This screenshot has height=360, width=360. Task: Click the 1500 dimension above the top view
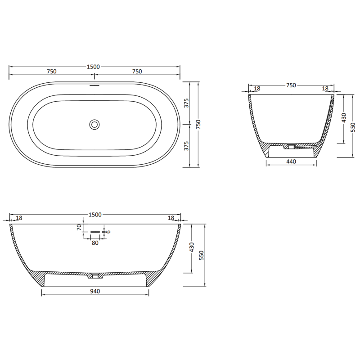pos(93,67)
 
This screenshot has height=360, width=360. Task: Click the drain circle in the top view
pos(94,124)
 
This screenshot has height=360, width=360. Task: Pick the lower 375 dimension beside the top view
pos(186,145)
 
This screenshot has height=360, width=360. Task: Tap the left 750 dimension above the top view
pos(51,72)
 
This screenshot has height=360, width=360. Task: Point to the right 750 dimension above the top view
pos(137,72)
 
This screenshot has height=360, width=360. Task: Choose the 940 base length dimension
pos(94,291)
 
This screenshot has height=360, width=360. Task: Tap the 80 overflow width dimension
pos(94,243)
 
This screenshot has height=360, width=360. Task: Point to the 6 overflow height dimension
pos(108,232)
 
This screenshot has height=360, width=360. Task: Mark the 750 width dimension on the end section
pos(291,85)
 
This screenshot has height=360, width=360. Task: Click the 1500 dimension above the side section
pos(94,215)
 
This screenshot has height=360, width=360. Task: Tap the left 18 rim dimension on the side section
pos(19,218)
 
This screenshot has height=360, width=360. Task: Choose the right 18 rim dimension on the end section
pos(325,89)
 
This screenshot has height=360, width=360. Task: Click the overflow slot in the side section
pos(94,232)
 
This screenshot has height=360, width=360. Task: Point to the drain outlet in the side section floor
pos(94,274)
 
